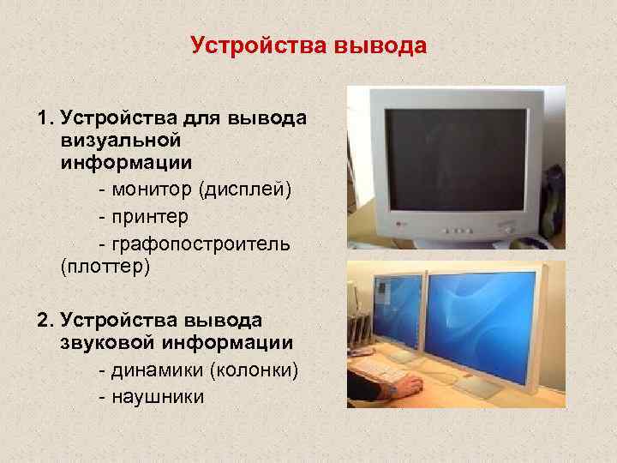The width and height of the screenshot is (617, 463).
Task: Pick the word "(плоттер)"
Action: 105,267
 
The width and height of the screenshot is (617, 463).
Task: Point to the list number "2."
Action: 46,320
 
